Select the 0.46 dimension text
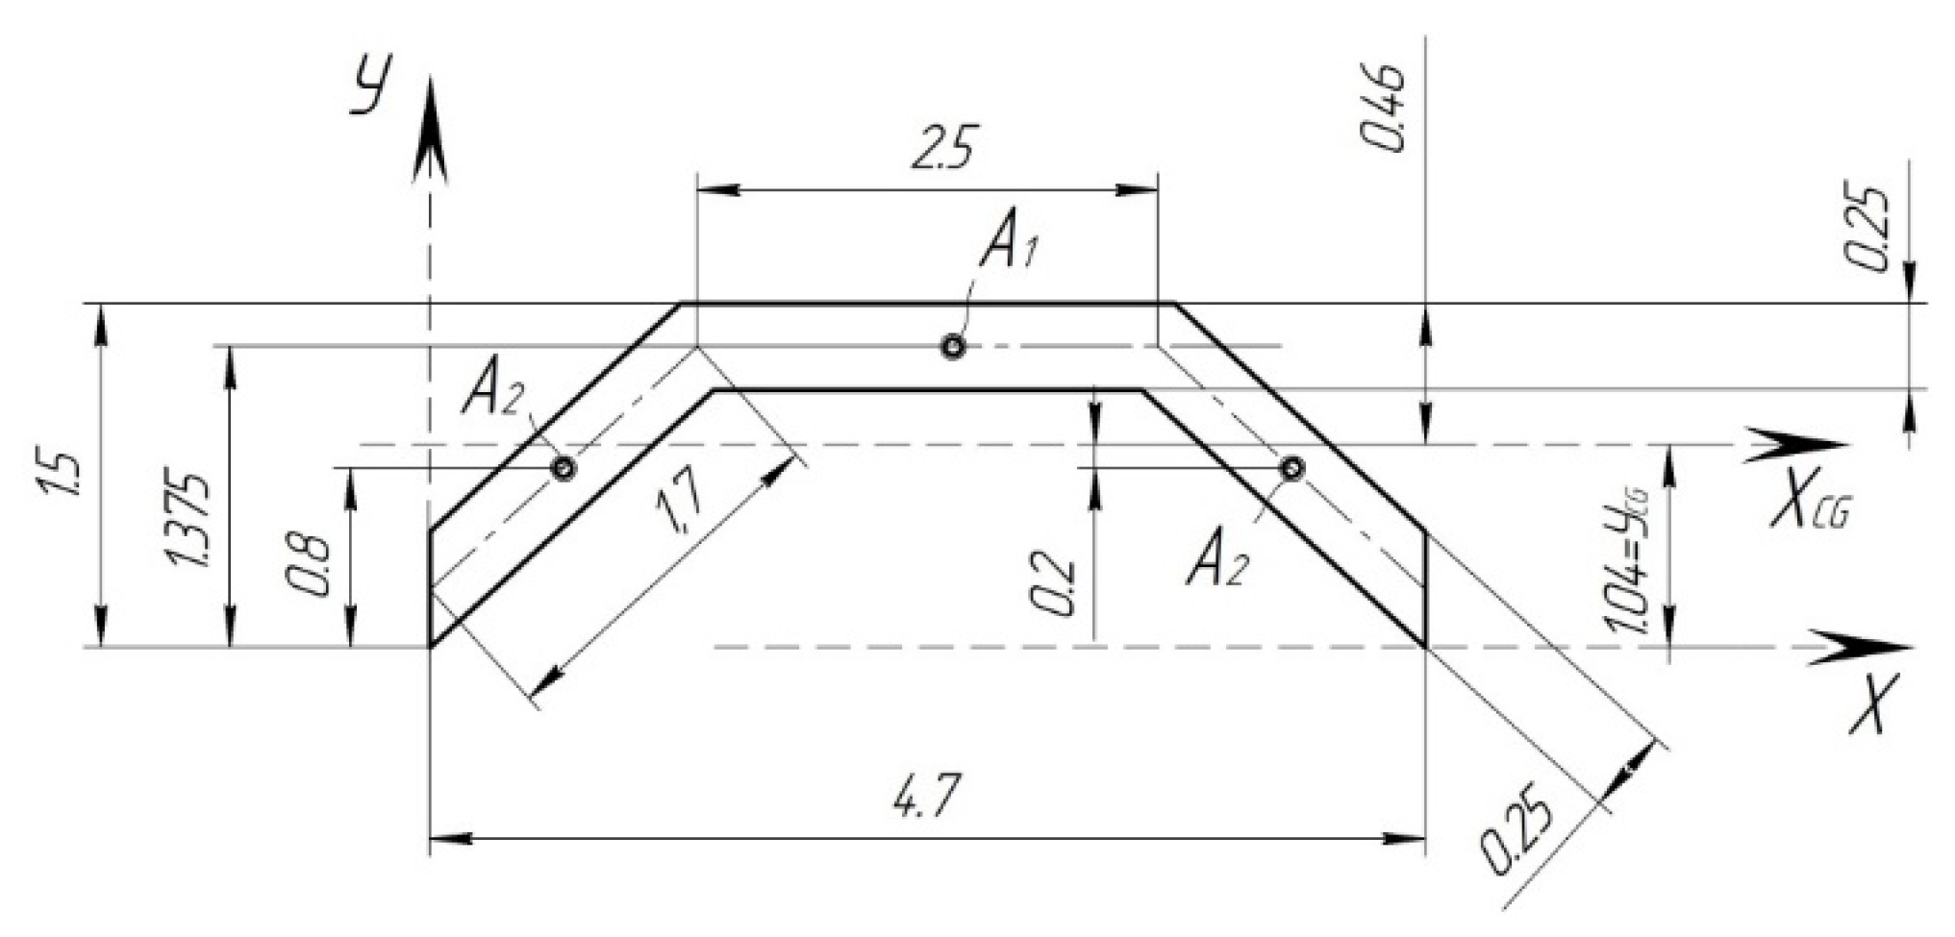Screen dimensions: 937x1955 point(1386,111)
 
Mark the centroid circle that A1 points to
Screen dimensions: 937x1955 point(953,347)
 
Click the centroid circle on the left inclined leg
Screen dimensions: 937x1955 point(564,468)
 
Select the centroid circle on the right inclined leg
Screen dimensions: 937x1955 point(1292,469)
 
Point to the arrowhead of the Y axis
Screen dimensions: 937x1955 point(430,130)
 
